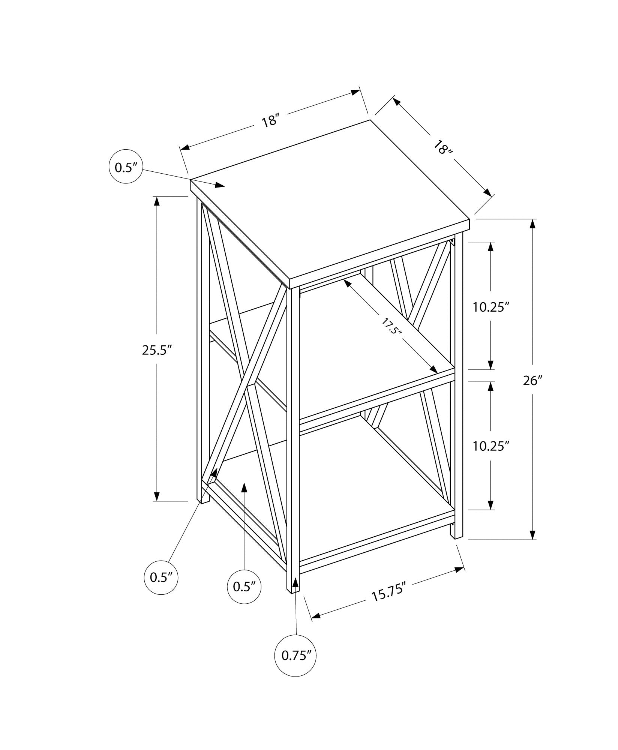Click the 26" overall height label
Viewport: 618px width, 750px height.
(x=533, y=381)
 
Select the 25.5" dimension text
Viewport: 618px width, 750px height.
(x=157, y=350)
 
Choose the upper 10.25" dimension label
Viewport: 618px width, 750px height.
(x=491, y=307)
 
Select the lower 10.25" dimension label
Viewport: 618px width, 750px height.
(x=491, y=446)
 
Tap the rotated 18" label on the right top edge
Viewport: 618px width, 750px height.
(x=443, y=148)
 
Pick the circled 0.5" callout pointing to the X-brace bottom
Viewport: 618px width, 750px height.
(x=161, y=588)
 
